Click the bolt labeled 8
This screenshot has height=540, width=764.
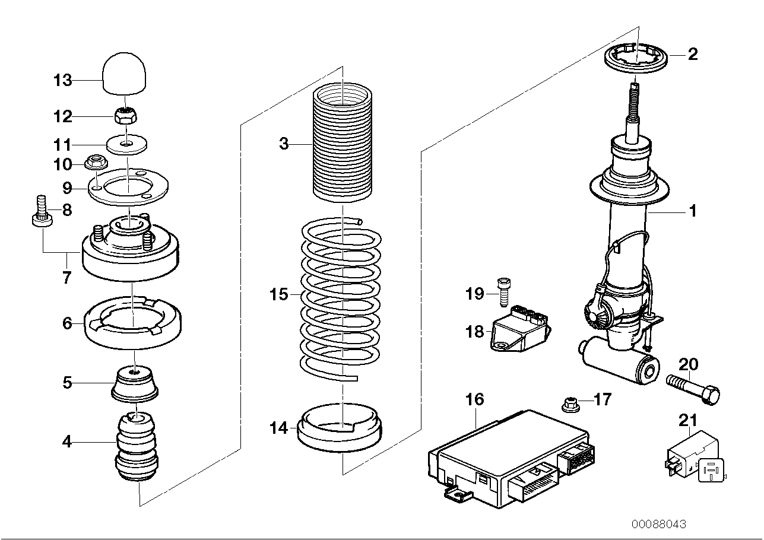coord(42,214)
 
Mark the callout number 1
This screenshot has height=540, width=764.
coord(692,211)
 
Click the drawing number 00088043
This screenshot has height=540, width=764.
coord(658,525)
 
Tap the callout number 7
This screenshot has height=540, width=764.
coord(66,277)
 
